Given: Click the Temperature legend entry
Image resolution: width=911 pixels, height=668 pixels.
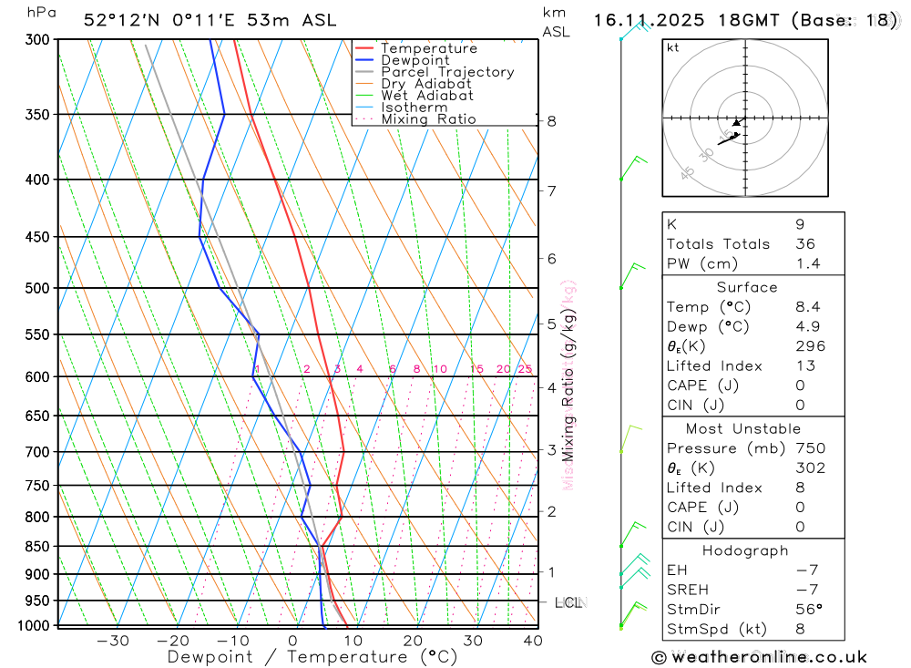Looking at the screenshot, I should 428,48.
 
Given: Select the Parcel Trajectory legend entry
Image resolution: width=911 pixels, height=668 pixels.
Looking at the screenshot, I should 446,72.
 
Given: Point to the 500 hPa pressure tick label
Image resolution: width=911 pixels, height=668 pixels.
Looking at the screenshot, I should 37,288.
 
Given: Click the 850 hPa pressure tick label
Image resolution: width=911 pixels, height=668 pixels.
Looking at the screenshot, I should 37,547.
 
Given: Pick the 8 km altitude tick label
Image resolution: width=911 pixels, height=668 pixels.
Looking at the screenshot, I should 551,121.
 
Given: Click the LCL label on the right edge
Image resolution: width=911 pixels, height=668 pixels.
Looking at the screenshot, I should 568,602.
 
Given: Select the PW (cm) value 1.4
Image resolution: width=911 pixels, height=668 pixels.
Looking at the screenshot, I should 807,263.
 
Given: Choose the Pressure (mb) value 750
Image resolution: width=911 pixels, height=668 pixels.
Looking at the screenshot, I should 810,448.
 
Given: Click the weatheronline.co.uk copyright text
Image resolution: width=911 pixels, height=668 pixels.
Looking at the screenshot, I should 759,657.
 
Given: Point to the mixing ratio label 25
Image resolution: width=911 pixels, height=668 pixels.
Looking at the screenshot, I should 525,369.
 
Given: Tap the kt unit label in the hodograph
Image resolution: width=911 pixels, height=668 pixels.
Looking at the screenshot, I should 672,47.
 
